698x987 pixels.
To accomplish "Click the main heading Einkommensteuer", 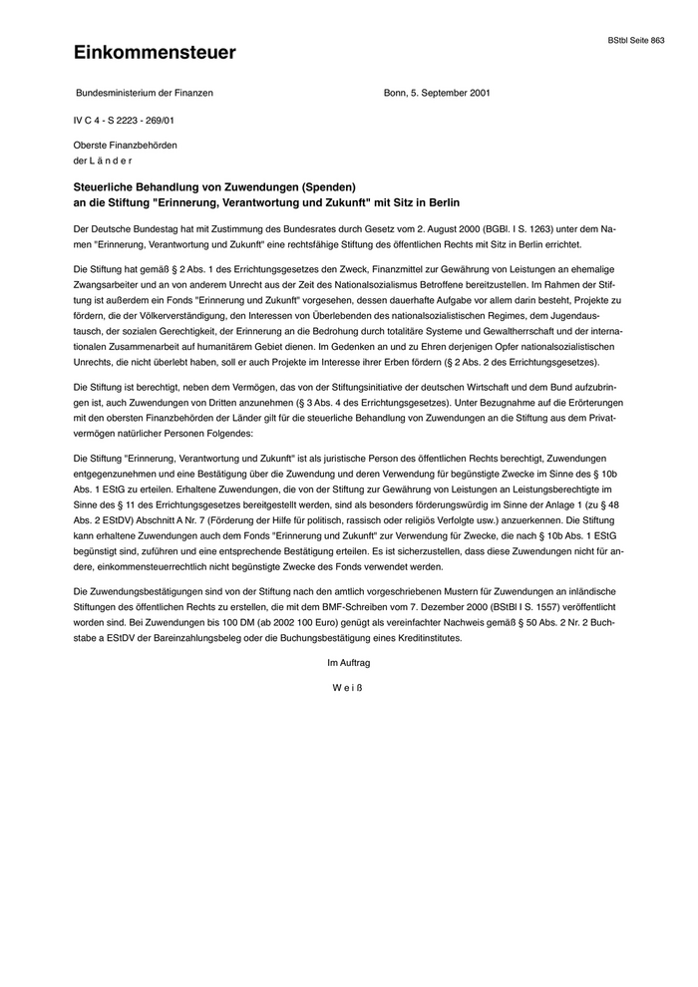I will pos(155,53).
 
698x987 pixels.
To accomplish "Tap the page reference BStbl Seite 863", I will pos(636,40).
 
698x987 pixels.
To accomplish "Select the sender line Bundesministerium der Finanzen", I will pos(145,93).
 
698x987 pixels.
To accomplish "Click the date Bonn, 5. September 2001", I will pos(436,93).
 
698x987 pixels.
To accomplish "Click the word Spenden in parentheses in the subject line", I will pos(320,185).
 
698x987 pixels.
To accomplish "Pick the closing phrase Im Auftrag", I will pos(349,662).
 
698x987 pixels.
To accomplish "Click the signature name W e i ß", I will pos(349,687).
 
